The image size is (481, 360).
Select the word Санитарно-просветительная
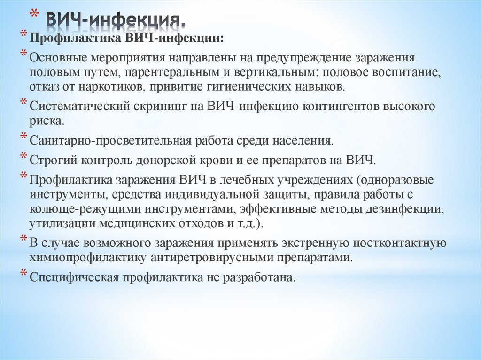110,140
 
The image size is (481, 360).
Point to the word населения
303,140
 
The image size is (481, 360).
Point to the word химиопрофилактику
89,258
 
